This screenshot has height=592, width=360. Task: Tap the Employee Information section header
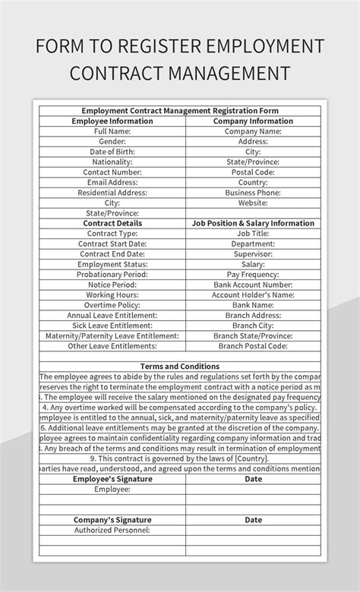pyautogui.click(x=112, y=121)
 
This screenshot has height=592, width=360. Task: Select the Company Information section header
pyautogui.click(x=253, y=121)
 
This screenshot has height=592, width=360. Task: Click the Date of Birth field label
pyautogui.click(x=112, y=152)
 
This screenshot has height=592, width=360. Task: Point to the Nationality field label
pyautogui.click(x=112, y=162)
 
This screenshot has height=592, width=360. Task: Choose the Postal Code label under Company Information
pyautogui.click(x=253, y=172)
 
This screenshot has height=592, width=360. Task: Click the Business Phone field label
pyautogui.click(x=253, y=193)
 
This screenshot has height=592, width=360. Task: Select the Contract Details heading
pyautogui.click(x=112, y=223)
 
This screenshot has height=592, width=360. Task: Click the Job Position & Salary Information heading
pyautogui.click(x=253, y=223)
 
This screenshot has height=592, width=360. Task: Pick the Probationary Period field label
pyautogui.click(x=112, y=274)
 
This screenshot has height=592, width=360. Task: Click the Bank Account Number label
pyautogui.click(x=253, y=285)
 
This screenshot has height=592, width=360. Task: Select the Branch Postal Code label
pyautogui.click(x=253, y=346)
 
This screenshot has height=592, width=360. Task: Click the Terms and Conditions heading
pyautogui.click(x=180, y=367)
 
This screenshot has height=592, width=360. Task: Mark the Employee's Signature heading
pyautogui.click(x=112, y=479)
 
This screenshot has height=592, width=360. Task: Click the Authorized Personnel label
pyautogui.click(x=112, y=531)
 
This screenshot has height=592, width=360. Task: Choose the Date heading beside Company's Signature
pyautogui.click(x=253, y=520)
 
